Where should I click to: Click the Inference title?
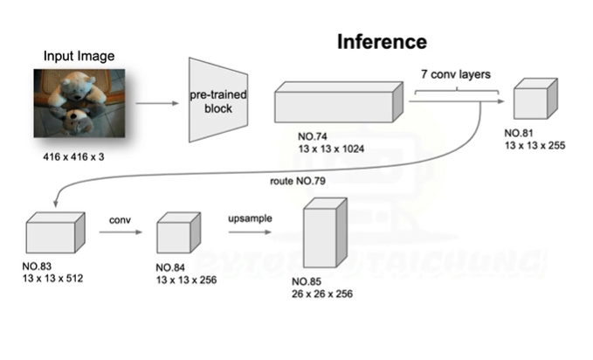pyautogui.click(x=382, y=42)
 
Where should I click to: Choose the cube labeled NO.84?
pyautogui.click(x=176, y=234)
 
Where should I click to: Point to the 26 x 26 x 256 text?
pyautogui.click(x=321, y=294)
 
